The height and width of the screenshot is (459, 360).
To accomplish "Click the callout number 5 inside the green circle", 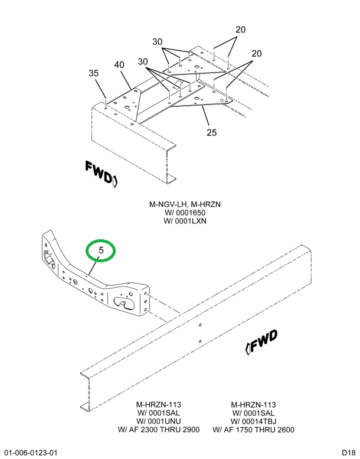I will (102, 250).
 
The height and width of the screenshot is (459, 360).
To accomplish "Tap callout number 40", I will (119, 64).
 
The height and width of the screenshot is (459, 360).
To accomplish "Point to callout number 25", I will (212, 132).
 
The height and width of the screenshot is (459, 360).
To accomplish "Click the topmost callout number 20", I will (240, 30).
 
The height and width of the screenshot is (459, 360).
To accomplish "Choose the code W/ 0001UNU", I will (159, 421).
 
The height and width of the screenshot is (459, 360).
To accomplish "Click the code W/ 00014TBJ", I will (254, 421).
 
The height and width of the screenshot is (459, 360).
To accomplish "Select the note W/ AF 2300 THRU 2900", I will (159, 429).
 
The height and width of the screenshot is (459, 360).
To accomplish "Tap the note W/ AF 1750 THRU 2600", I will (254, 429).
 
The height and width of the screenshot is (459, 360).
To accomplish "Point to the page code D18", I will (348, 453).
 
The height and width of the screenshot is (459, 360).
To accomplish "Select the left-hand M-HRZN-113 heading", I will (159, 405).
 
